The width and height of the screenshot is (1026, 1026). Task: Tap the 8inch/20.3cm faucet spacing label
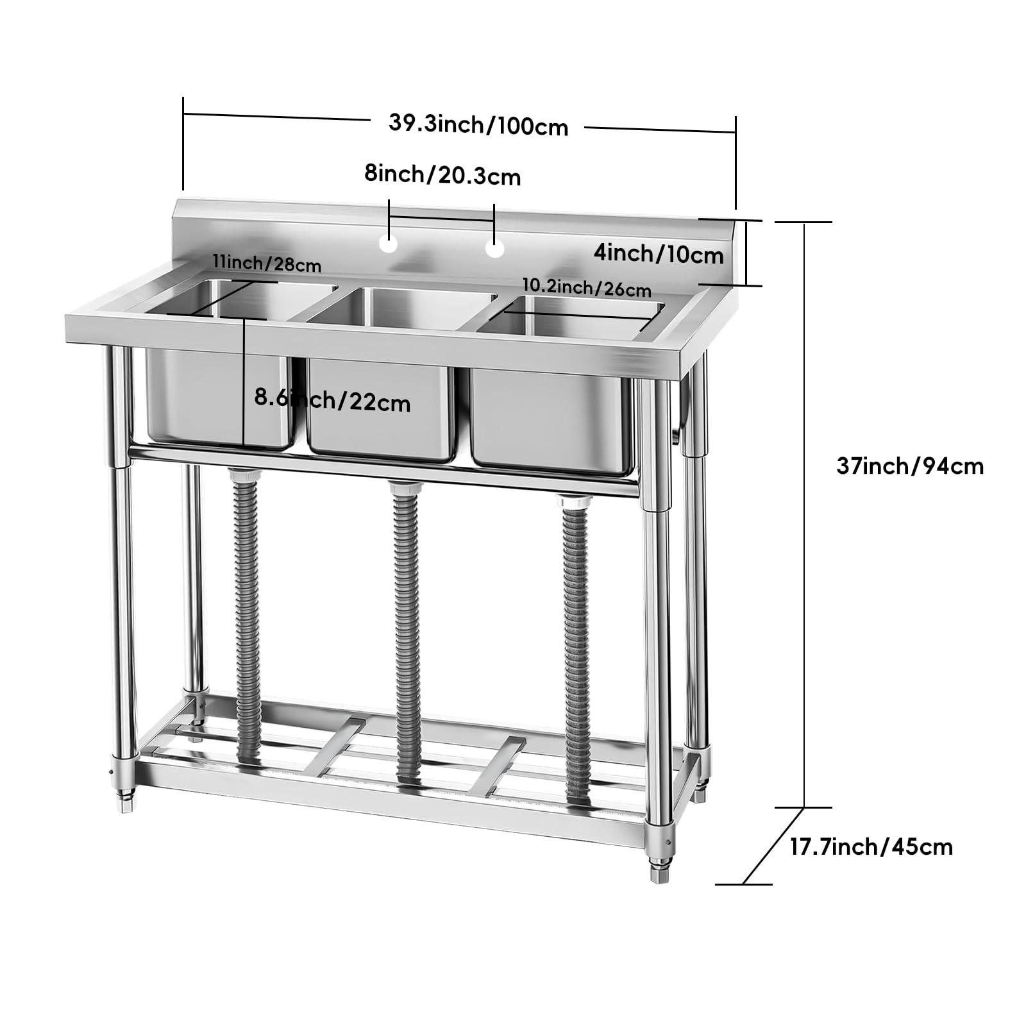442,174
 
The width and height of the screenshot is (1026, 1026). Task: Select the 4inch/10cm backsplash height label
659,254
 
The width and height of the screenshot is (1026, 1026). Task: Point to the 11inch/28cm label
267,263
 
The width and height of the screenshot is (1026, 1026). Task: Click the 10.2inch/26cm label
587,288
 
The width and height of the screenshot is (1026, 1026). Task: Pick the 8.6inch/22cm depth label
332,399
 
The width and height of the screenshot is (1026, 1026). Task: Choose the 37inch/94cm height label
910,466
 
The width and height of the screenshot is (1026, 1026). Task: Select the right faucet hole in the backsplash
494,249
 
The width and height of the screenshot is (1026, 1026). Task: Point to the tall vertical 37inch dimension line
804,515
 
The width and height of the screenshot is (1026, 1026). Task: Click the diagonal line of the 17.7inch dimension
773,846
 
